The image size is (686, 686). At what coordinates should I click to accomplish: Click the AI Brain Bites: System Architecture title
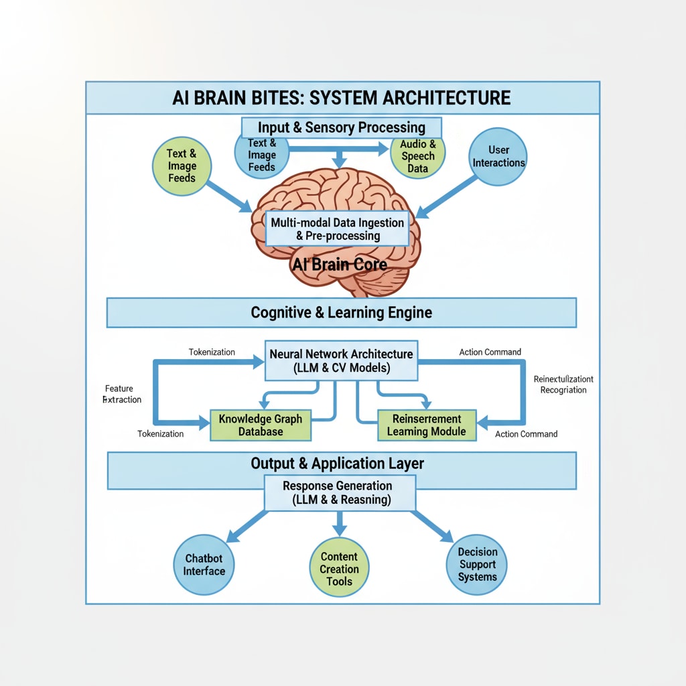pos(342,98)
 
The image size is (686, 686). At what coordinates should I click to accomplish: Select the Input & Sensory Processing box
pos(342,127)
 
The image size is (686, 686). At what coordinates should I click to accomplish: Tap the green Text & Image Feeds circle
pos(182,165)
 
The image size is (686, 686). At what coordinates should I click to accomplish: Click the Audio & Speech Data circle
pos(417,156)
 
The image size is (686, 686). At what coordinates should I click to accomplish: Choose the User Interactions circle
pos(498,156)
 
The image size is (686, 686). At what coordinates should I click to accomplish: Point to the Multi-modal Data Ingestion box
pos(338,228)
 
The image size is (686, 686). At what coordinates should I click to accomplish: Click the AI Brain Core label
pos(340,264)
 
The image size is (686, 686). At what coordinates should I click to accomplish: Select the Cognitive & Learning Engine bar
pos(342,313)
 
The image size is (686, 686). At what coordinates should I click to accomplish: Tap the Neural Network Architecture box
pos(342,360)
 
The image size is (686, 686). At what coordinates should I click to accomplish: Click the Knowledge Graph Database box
pos(261,425)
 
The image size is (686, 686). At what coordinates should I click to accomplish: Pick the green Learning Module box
pos(426,425)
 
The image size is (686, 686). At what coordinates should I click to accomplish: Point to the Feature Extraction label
pos(123,394)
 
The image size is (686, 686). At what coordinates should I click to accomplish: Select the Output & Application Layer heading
pos(337,464)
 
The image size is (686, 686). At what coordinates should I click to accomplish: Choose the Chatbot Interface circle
pos(204,565)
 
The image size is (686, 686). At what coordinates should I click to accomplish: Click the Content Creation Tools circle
pos(339,569)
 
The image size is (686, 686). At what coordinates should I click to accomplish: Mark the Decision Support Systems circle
pos(478,565)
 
